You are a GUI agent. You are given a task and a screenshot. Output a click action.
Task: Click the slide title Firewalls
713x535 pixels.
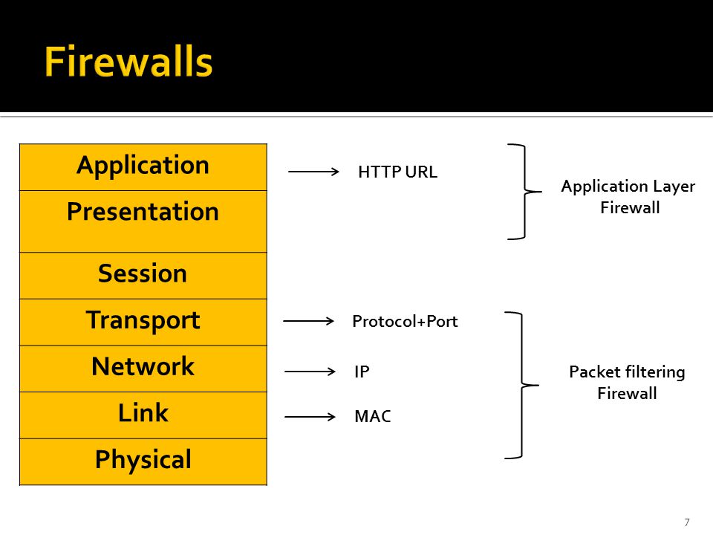click(128, 62)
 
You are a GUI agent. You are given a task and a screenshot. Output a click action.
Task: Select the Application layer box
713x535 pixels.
click(143, 167)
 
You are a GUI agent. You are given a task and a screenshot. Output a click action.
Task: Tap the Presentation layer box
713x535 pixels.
click(143, 221)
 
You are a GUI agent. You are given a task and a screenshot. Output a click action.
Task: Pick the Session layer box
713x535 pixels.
click(143, 276)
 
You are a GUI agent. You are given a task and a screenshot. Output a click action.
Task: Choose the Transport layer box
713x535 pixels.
click(143, 322)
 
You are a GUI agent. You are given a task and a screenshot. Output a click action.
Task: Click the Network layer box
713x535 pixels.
click(143, 369)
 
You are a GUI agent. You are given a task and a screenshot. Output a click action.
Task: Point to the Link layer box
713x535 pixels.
click(143, 415)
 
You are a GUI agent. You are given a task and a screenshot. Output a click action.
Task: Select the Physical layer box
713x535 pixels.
click(143, 462)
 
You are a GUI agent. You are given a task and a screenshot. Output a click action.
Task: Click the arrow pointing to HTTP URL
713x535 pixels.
click(313, 172)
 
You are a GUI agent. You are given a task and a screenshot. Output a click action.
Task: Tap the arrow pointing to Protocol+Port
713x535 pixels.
click(309, 321)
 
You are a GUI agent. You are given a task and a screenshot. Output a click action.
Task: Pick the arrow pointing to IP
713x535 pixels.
click(310, 372)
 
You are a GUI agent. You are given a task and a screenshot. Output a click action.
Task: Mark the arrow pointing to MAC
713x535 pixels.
click(310, 417)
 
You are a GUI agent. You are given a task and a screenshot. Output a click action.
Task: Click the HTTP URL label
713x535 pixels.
click(398, 172)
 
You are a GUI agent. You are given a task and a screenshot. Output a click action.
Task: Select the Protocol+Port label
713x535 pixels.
click(406, 321)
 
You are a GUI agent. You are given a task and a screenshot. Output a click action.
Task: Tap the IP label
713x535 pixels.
click(362, 372)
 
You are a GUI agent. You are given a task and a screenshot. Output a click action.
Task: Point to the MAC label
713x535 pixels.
click(373, 416)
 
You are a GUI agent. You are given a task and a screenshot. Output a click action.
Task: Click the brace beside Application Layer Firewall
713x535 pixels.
click(525, 192)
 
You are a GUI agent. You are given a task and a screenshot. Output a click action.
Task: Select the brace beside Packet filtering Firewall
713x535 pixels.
click(522, 386)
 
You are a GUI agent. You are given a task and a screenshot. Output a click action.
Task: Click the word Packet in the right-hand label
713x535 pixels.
click(592, 372)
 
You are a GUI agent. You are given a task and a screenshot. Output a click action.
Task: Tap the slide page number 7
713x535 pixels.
click(687, 522)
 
